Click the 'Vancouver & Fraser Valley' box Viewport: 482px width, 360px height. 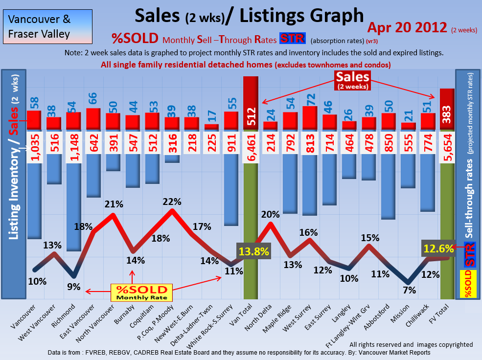[39, 27]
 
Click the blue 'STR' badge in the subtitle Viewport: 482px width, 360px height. [292, 39]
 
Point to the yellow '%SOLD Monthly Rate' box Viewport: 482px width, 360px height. [141, 292]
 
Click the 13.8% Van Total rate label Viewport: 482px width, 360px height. [253, 251]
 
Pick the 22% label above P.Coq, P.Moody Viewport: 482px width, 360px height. [172, 202]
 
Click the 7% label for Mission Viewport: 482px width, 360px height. [409, 290]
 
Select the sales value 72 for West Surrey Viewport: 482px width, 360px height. [310, 98]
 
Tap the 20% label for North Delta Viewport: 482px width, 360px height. [270, 214]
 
